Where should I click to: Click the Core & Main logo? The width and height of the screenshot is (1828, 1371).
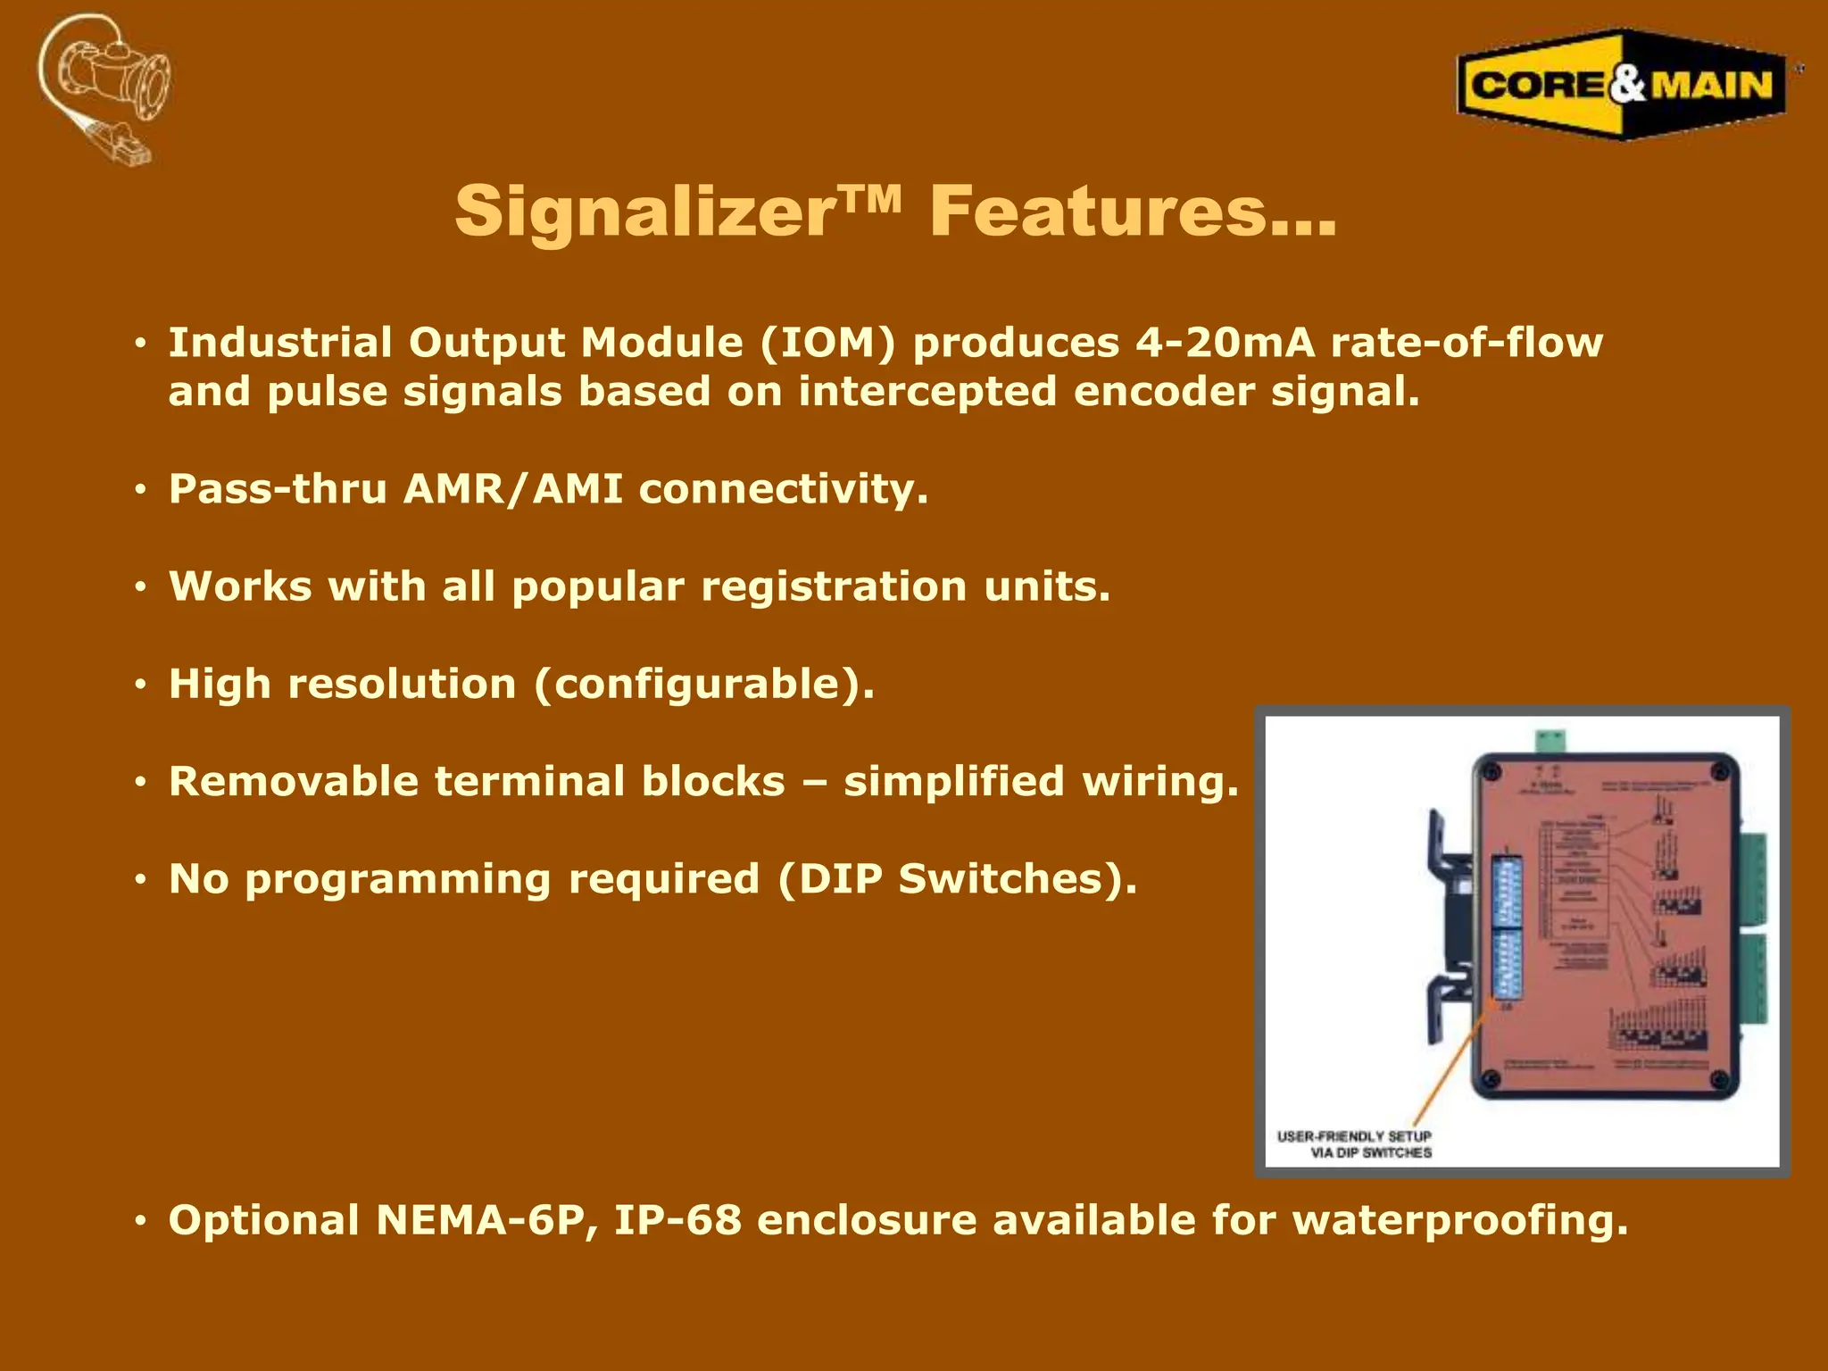point(1621,85)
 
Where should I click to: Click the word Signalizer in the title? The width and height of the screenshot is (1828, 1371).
point(643,212)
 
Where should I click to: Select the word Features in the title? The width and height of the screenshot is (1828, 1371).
point(1098,212)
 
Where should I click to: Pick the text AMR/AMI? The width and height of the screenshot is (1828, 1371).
point(513,489)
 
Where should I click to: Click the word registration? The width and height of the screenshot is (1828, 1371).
point(834,586)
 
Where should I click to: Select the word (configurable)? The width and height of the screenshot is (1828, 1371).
point(704,685)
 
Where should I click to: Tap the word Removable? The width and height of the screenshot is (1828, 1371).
point(294,782)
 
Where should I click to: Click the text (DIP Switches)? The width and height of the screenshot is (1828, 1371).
point(957,879)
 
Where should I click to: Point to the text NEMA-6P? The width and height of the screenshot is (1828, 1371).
point(486,1220)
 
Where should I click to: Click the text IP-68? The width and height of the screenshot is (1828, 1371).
point(677,1220)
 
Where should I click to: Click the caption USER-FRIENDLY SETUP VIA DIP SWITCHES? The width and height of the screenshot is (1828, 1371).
point(1354,1144)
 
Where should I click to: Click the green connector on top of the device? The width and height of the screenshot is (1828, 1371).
point(1550,740)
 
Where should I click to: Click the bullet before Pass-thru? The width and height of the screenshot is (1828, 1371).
point(140,490)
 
